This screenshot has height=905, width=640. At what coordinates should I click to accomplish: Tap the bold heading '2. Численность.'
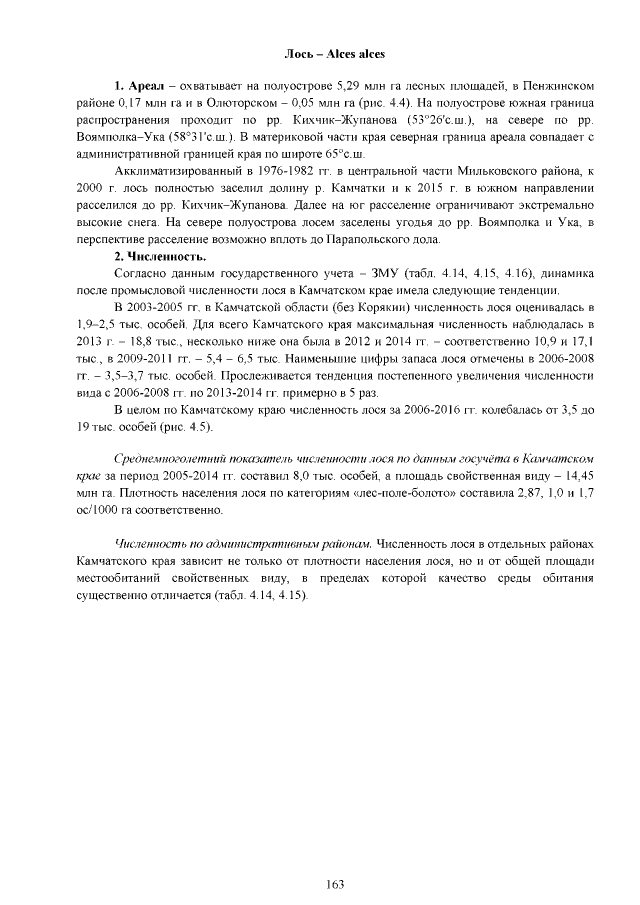(160, 257)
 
